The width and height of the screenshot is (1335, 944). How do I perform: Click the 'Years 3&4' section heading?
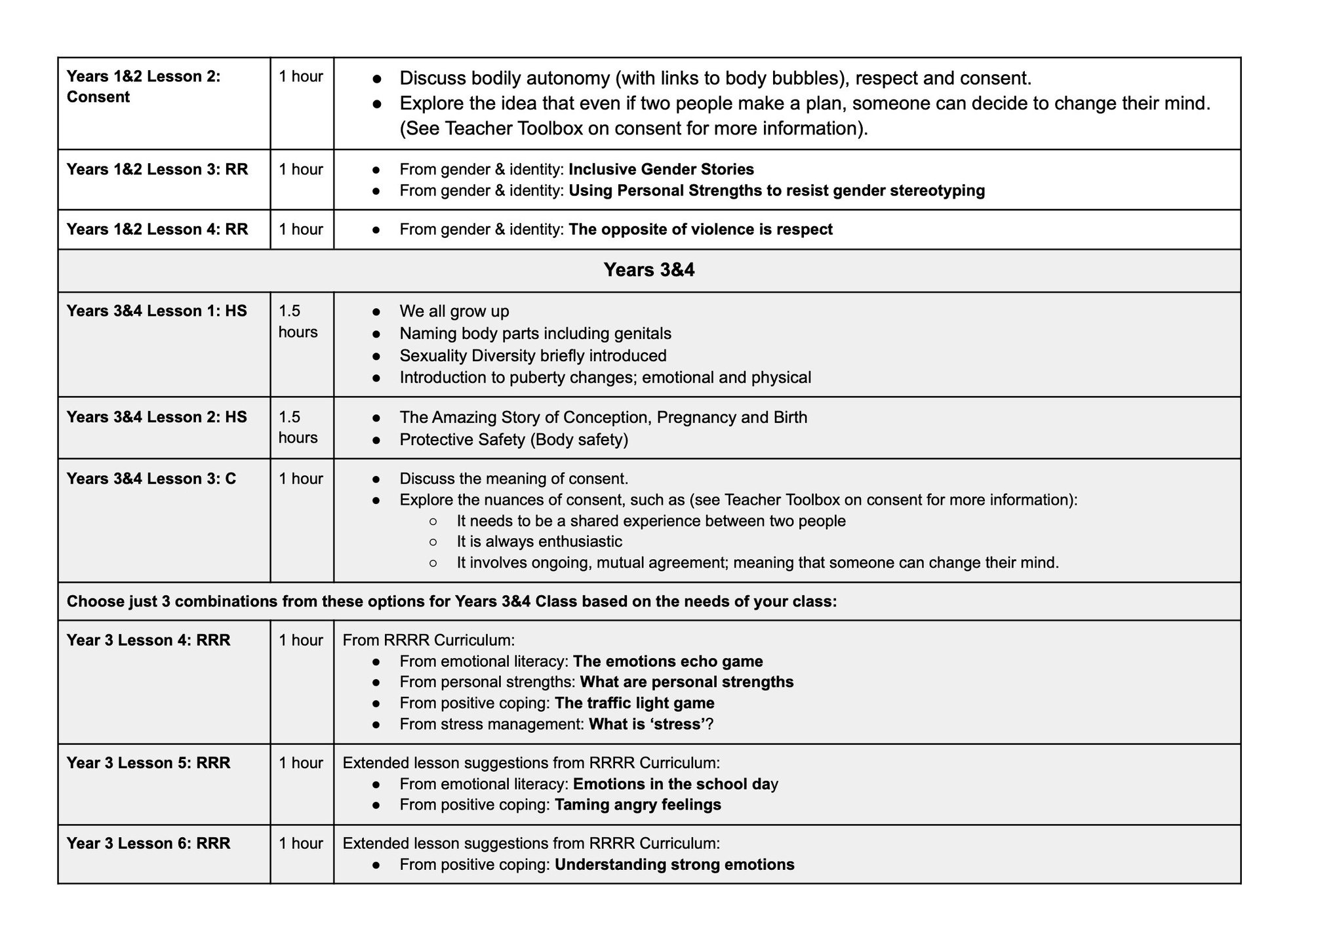point(648,270)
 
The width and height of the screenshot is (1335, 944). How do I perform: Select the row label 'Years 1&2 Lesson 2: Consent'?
point(143,87)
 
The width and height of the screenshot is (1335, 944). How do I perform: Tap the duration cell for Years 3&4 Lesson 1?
point(298,321)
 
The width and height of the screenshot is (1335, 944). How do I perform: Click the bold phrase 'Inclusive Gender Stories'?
point(661,169)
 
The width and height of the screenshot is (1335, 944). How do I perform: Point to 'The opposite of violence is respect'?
point(700,229)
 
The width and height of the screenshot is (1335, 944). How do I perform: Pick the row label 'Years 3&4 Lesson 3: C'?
point(151,479)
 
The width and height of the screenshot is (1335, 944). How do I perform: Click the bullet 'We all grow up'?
point(454,311)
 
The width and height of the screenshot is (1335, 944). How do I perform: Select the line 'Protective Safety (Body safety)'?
point(513,439)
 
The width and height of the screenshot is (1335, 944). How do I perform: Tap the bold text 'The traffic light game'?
point(634,703)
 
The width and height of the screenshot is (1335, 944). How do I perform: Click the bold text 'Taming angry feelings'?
point(637,804)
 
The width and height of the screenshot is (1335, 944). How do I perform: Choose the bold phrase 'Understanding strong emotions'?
point(674,864)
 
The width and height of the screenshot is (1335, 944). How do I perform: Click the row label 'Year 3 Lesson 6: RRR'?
point(148,843)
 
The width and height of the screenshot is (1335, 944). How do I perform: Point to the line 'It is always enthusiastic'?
point(539,541)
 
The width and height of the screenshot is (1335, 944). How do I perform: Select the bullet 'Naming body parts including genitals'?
point(535,333)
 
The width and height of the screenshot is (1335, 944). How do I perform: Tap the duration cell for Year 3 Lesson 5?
point(300,763)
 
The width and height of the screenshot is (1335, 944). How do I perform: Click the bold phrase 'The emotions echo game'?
point(667,661)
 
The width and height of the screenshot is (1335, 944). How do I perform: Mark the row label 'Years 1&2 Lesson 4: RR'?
point(157,229)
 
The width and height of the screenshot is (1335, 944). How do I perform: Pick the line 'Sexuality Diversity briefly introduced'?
point(532,355)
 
